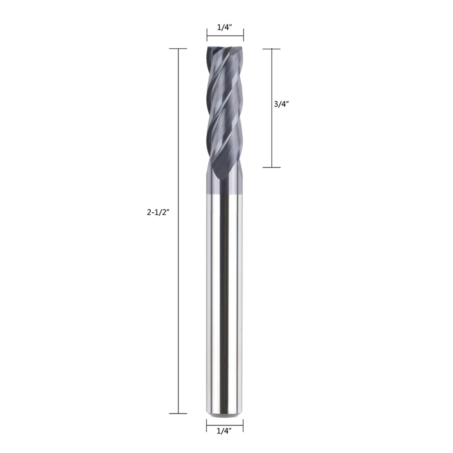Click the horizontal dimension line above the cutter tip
pyautogui.click(x=225, y=36)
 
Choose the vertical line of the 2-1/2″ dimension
pyautogui.click(x=178, y=231)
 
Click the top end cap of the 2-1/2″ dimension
pyautogui.click(x=178, y=49)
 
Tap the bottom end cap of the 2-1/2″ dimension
pyautogui.click(x=178, y=413)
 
